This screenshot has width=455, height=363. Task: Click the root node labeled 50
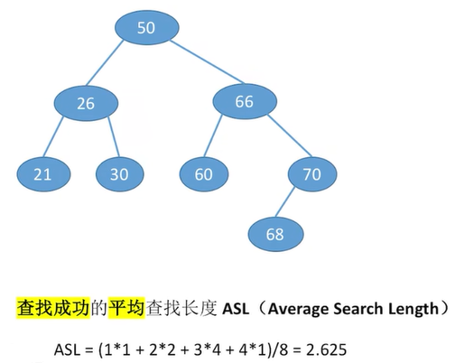pyautogui.click(x=146, y=28)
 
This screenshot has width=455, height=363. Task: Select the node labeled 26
pyautogui.click(x=86, y=103)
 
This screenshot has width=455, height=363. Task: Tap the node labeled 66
pyautogui.click(x=245, y=101)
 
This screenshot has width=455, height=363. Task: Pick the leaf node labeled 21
pyautogui.click(x=43, y=174)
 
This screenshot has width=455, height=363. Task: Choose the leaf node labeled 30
pyautogui.click(x=120, y=174)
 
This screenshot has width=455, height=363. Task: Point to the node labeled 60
pyautogui.click(x=204, y=174)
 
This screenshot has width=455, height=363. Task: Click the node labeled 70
pyautogui.click(x=312, y=174)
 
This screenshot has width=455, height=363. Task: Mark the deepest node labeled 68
pyautogui.click(x=275, y=234)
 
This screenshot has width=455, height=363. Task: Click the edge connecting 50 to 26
pyautogui.click(x=105, y=62)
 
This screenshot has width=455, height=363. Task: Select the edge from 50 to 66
pyautogui.click(x=206, y=61)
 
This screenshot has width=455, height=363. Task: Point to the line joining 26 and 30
pyautogui.click(x=114, y=137)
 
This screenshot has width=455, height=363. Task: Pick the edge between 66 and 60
pyautogui.click(x=213, y=136)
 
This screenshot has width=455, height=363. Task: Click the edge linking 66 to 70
pyautogui.click(x=290, y=135)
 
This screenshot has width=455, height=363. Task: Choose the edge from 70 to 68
pyautogui.click(x=285, y=202)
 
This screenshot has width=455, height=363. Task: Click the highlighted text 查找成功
pyautogui.click(x=53, y=308)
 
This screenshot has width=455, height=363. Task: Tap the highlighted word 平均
pyautogui.click(x=126, y=308)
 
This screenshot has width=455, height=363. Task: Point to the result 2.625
pyautogui.click(x=327, y=349)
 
